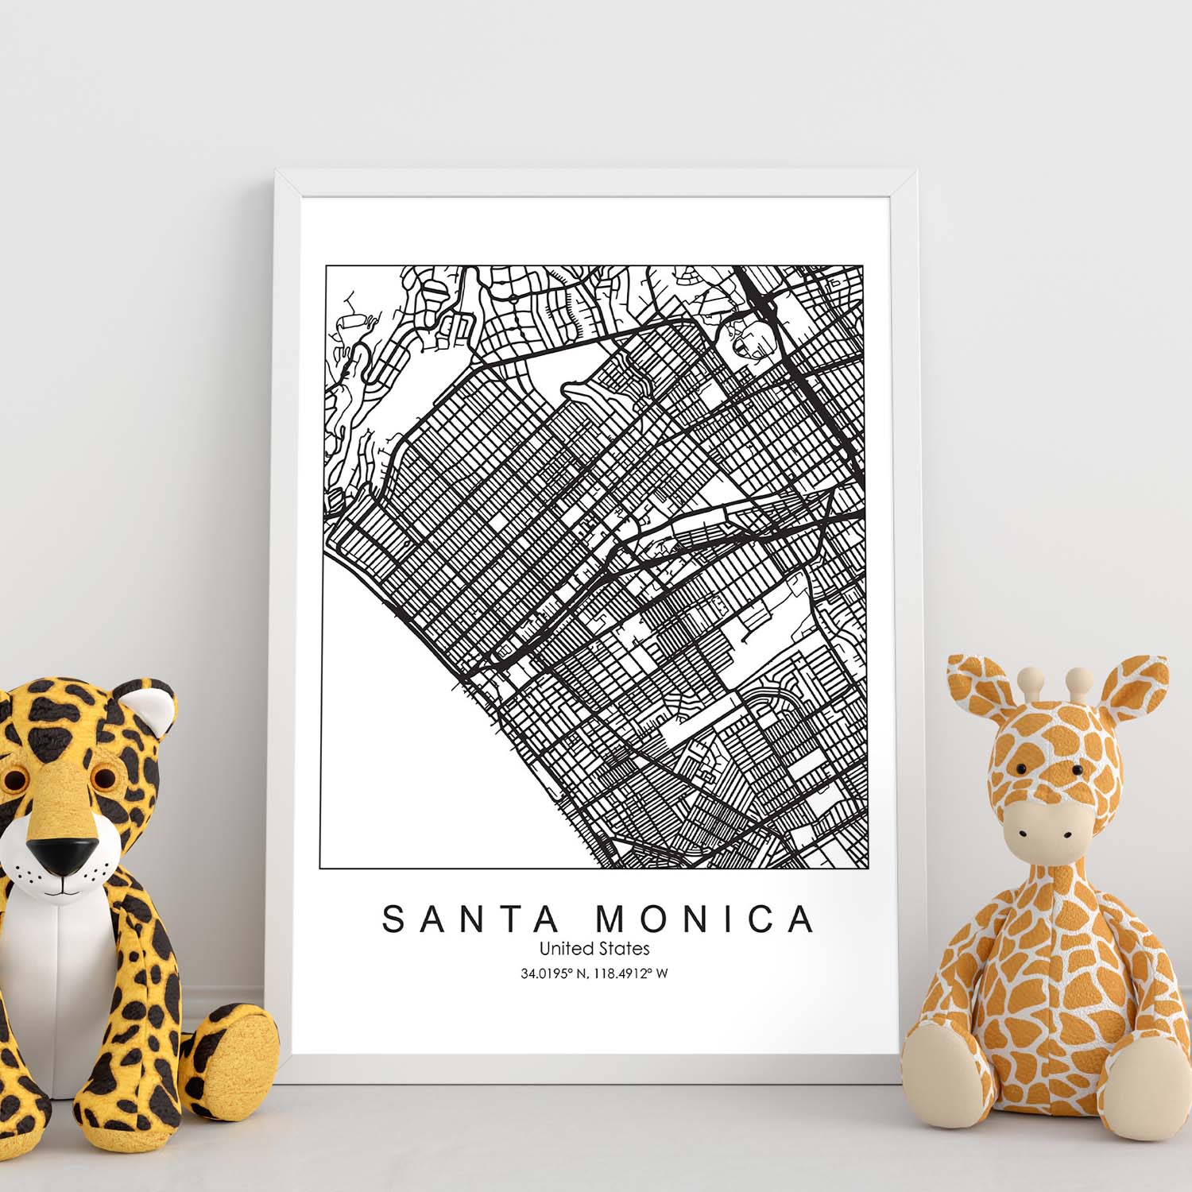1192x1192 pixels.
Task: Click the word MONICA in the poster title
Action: point(705,919)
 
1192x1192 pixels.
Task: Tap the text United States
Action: point(594,949)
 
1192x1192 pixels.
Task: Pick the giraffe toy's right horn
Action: point(1077,679)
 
